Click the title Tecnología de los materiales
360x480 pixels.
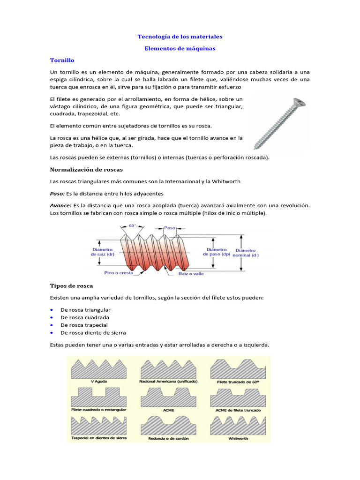(180, 36)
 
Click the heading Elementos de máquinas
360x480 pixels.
(180, 48)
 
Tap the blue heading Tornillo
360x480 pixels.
(62, 60)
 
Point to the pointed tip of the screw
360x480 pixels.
(254, 146)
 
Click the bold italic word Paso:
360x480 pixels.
(58, 193)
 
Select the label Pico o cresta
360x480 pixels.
(118, 272)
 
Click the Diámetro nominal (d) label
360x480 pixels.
(247, 253)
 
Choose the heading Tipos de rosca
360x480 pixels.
(71, 285)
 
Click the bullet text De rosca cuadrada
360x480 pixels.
(84, 317)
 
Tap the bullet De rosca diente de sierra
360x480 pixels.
(93, 332)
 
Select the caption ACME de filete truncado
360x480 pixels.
(238, 410)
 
